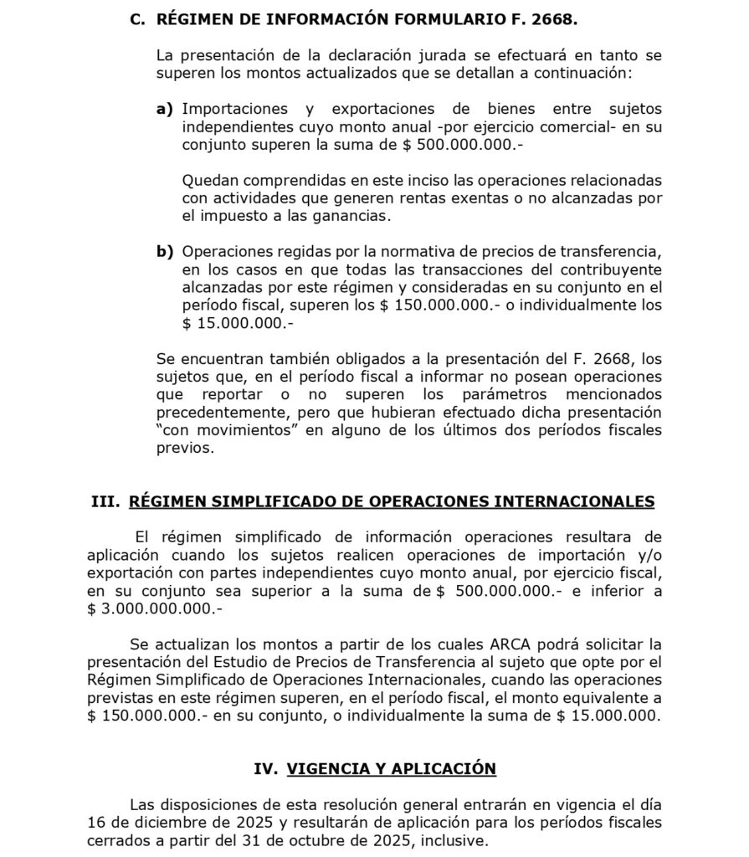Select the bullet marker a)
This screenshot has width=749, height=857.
(x=166, y=109)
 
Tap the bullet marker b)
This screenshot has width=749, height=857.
(x=166, y=251)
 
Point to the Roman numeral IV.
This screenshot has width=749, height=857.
(x=265, y=768)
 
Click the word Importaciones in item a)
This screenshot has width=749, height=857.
(x=235, y=109)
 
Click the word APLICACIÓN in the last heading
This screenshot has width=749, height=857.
(x=446, y=768)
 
